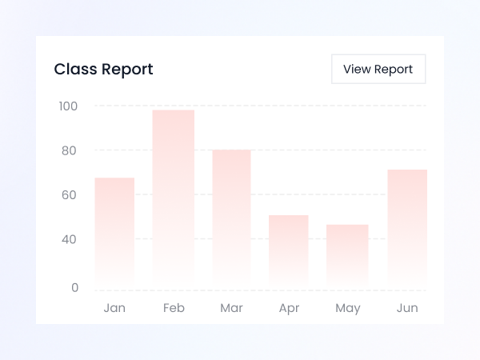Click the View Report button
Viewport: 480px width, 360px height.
(378, 69)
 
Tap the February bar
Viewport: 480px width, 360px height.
(174, 197)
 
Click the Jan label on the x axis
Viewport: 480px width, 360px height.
(114, 308)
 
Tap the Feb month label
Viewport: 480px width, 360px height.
(174, 308)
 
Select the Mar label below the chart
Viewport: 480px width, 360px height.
(231, 308)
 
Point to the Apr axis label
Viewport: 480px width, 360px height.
(289, 308)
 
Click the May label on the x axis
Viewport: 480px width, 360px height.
(347, 308)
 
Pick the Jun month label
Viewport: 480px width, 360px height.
(407, 308)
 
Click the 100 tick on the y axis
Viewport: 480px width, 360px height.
(68, 106)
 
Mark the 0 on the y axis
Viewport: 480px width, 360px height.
(74, 288)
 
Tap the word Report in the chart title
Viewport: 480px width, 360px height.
(127, 70)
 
